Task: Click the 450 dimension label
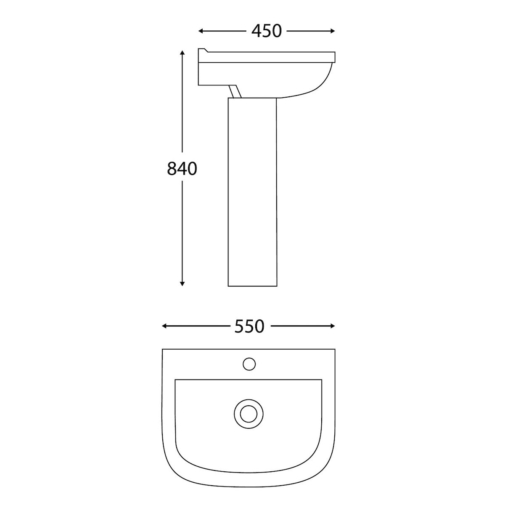tap(266, 31)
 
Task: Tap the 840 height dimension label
tap(182, 169)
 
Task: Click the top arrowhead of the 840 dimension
tap(182, 53)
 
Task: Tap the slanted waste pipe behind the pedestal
tap(234, 91)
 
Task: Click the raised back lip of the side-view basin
tap(203, 51)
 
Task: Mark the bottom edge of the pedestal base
tap(252, 286)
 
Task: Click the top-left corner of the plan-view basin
tap(163, 350)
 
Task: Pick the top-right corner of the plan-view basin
tap(335, 350)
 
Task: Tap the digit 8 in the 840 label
tap(172, 169)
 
